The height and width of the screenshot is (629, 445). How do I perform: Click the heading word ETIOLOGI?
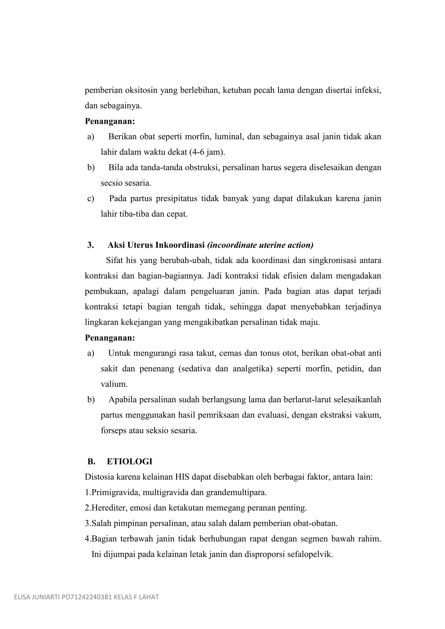[129, 462]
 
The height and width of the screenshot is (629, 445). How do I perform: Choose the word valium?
[114, 384]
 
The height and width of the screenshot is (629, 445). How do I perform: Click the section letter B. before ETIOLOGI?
[91, 462]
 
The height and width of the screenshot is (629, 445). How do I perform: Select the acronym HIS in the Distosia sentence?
[182, 477]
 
